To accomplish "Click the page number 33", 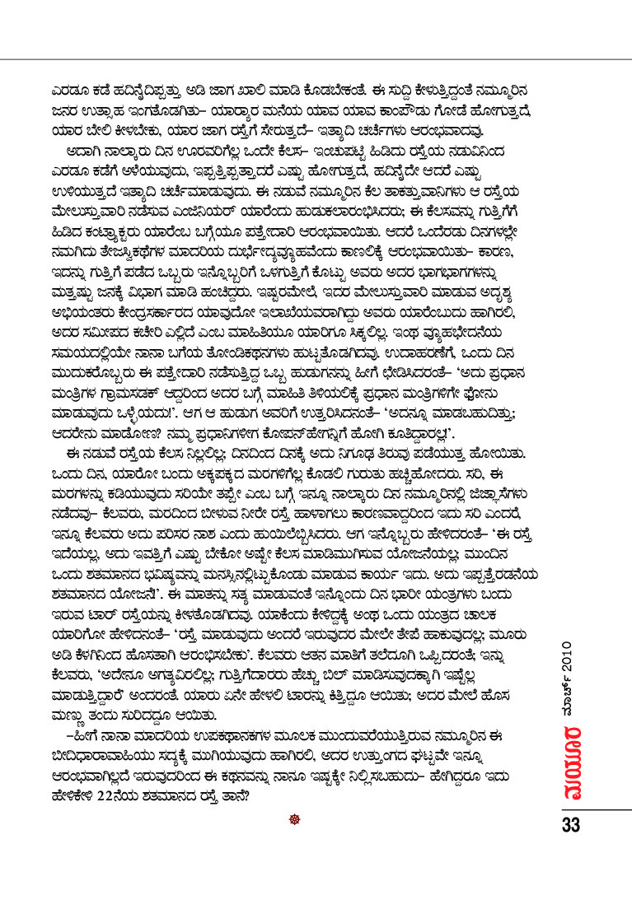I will point(573,825).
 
